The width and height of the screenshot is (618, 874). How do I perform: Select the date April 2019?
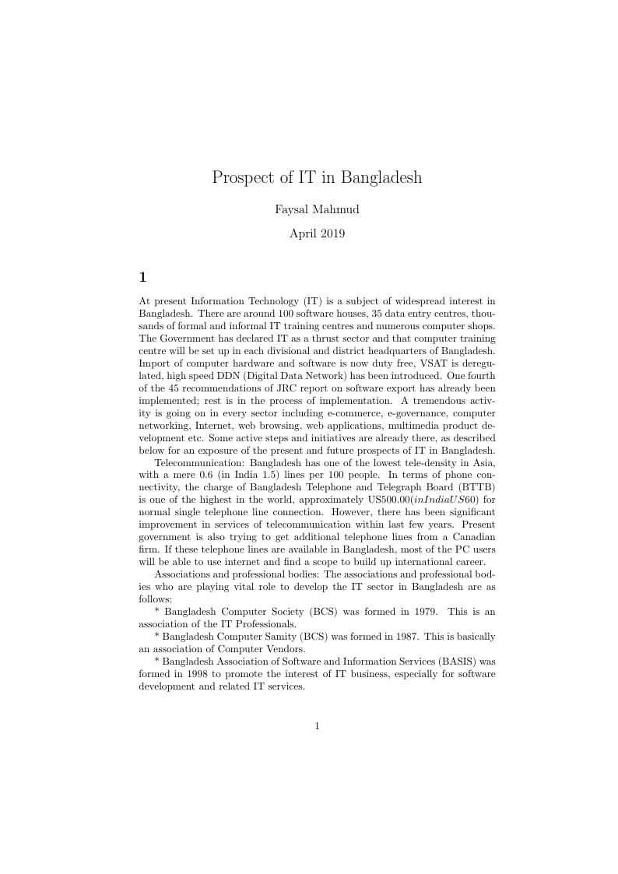click(317, 233)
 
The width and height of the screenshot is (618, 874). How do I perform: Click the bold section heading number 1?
click(142, 277)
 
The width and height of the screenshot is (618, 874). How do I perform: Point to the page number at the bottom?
click(317, 726)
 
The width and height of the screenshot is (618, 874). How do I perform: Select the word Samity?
click(282, 637)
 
